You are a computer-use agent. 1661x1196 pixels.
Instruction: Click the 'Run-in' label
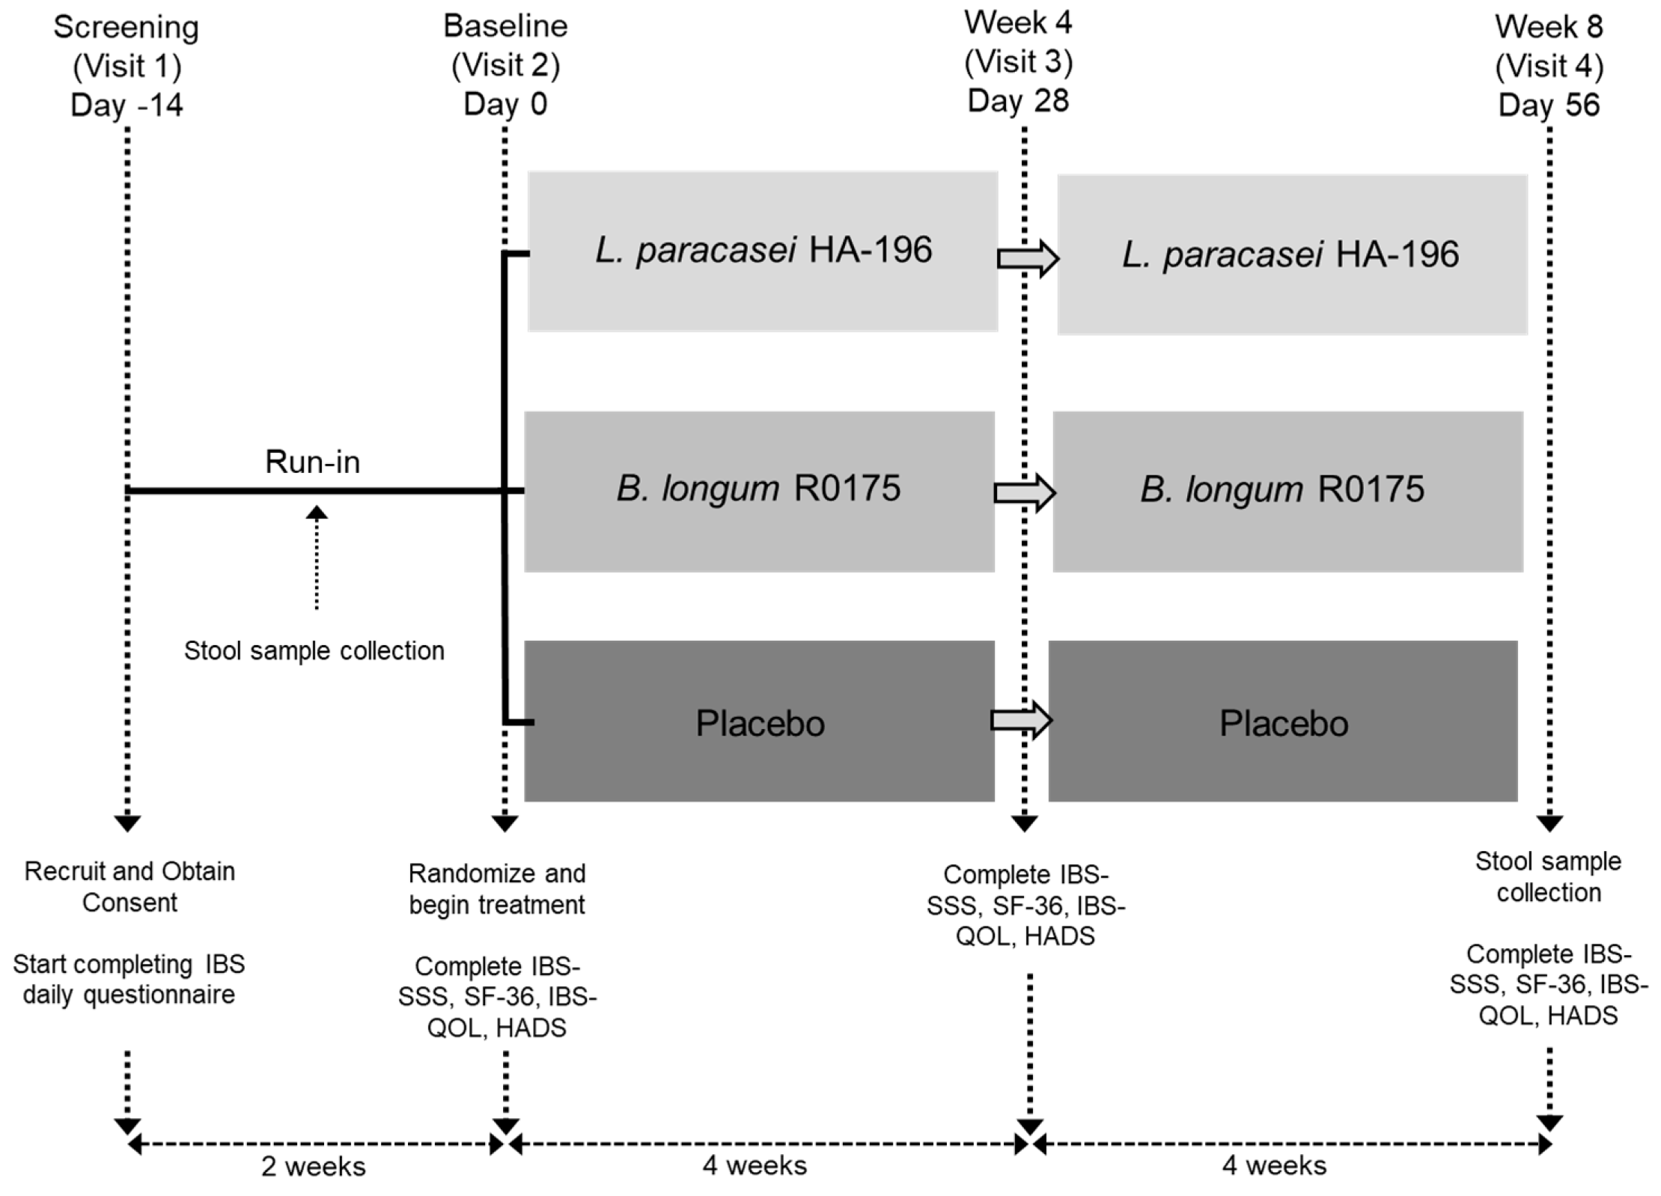coord(312,462)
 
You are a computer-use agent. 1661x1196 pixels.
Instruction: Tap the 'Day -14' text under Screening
coord(127,105)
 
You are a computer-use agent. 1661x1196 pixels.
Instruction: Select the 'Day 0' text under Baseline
coord(505,104)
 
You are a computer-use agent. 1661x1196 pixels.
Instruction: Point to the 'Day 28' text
coord(1018,100)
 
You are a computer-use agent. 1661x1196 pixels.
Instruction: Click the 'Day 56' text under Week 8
coord(1549,105)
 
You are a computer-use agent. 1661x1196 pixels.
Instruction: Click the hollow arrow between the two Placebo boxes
coord(1021,720)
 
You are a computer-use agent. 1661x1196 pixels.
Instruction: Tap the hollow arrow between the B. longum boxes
coord(1024,492)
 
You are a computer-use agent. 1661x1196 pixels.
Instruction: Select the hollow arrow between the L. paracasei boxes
coord(1027,259)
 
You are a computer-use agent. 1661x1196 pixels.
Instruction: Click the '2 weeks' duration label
coord(313,1167)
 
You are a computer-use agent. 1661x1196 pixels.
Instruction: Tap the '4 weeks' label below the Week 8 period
coord(1274,1165)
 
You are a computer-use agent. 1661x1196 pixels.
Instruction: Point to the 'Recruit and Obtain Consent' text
coord(129,887)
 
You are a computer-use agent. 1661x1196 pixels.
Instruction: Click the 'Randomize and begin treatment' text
coord(497,889)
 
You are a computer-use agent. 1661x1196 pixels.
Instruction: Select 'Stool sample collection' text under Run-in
coord(314,650)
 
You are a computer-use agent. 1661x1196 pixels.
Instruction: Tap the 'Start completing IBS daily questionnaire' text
coord(129,979)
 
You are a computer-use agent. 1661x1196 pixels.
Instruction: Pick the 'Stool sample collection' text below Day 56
coord(1548,876)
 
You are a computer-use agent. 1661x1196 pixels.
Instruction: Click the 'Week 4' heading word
coord(1017,22)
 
